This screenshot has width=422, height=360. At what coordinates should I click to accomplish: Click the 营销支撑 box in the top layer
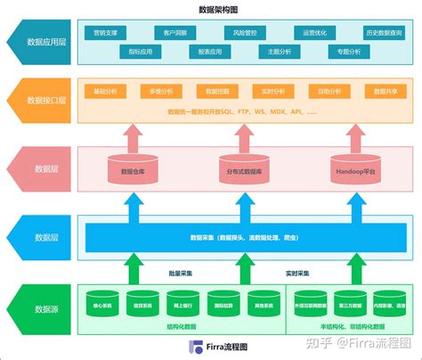point(105,32)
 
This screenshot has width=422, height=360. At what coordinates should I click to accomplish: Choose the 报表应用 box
point(211,53)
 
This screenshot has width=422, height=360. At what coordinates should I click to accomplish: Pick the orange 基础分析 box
point(105,92)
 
